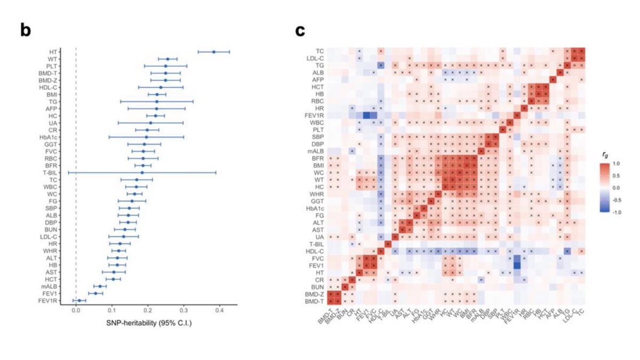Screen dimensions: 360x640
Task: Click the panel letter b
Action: (x=26, y=30)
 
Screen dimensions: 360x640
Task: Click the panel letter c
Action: (x=300, y=30)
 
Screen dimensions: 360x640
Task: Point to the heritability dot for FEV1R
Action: (x=79, y=300)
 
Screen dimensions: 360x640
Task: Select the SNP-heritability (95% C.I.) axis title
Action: (x=148, y=323)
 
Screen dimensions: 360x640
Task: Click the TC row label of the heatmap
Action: (x=319, y=51)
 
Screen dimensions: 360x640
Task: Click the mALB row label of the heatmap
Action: (x=315, y=151)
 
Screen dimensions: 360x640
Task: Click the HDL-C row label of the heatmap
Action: (x=315, y=251)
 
